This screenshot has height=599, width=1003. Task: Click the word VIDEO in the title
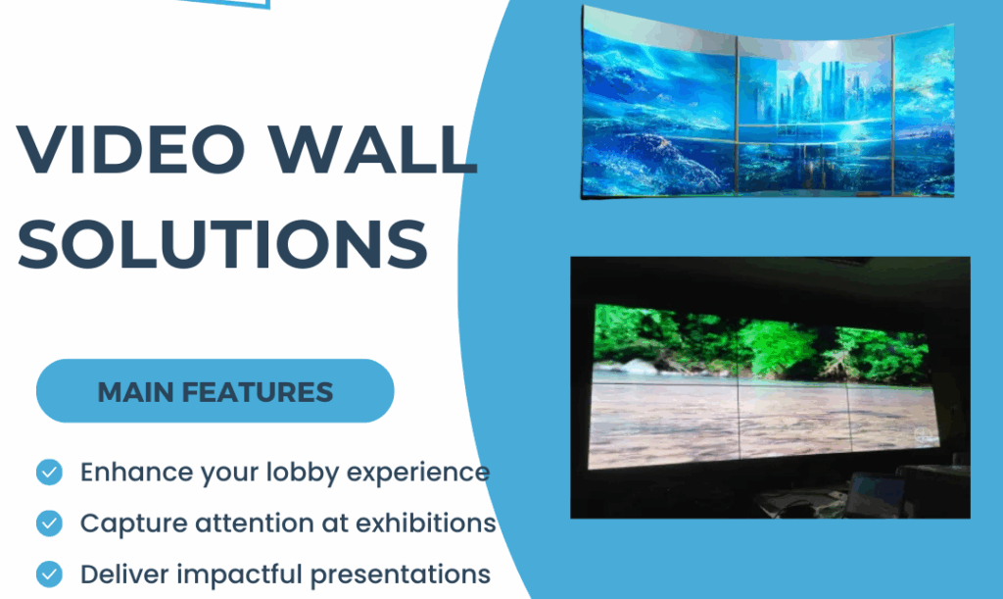[131, 149]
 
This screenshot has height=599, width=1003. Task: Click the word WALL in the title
[373, 149]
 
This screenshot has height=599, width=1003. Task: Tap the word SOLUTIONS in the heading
[222, 244]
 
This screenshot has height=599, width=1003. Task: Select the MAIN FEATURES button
[215, 391]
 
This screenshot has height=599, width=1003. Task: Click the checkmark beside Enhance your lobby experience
[49, 473]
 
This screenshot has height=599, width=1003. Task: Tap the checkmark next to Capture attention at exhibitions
[49, 524]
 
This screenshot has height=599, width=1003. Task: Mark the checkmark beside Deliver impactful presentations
[49, 574]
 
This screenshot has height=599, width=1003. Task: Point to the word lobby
[303, 473]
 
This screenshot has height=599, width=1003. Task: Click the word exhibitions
[426, 523]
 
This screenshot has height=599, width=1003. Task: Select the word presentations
[401, 574]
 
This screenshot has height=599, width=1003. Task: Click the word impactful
[240, 574]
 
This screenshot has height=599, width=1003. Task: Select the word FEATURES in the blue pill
[258, 392]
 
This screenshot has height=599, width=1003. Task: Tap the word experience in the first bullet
[418, 474]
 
